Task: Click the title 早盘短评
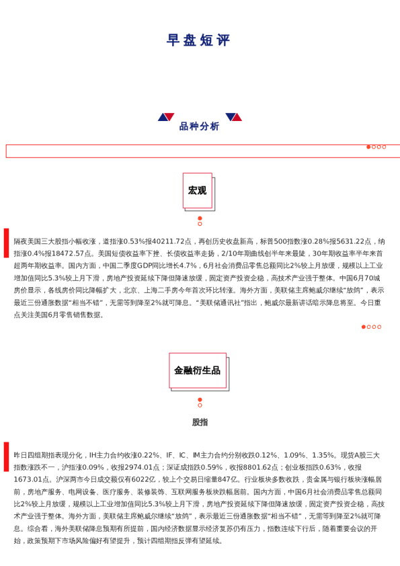[199, 40]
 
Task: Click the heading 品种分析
[199, 126]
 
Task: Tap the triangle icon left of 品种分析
[166, 117]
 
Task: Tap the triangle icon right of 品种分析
[233, 117]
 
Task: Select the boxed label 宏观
[197, 191]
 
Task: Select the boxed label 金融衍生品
[197, 370]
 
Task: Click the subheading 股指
[200, 422]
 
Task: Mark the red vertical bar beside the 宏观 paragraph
[7, 243]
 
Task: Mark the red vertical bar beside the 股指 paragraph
[7, 456]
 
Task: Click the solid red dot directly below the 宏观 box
[200, 218]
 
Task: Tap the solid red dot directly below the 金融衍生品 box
[200, 399]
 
